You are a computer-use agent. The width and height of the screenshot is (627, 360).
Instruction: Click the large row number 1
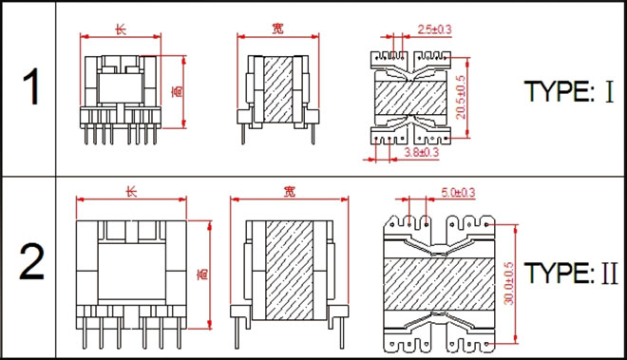point(31,86)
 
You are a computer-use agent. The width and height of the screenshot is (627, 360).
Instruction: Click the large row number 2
point(31,262)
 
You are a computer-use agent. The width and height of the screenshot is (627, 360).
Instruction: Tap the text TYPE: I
point(568,91)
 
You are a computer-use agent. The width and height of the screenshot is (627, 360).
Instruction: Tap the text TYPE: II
point(571,273)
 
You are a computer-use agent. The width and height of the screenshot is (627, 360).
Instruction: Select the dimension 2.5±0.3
point(434,29)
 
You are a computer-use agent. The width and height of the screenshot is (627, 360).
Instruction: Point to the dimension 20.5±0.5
point(461,97)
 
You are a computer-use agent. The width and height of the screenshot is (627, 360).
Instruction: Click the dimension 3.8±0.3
point(421,152)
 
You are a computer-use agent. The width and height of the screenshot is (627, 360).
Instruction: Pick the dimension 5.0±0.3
point(458,193)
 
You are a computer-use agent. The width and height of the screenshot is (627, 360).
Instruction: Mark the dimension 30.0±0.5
point(508,283)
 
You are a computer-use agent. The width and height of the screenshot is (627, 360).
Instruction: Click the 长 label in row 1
point(121,29)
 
